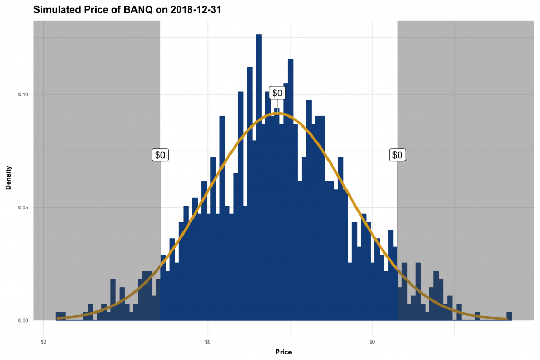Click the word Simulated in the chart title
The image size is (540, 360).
pos(56,9)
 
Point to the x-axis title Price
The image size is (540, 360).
pos(283,352)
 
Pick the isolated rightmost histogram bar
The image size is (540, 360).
pos(509,316)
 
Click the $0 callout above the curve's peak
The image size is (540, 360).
pos(277,93)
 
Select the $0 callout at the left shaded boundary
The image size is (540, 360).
pos(160,155)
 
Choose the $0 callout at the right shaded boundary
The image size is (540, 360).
pos(398,155)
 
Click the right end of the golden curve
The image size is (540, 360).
pos(506,318)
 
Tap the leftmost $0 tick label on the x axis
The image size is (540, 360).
pos(44,342)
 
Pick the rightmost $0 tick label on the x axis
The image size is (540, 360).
pos(372,342)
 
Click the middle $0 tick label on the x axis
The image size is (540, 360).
pos(208,342)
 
